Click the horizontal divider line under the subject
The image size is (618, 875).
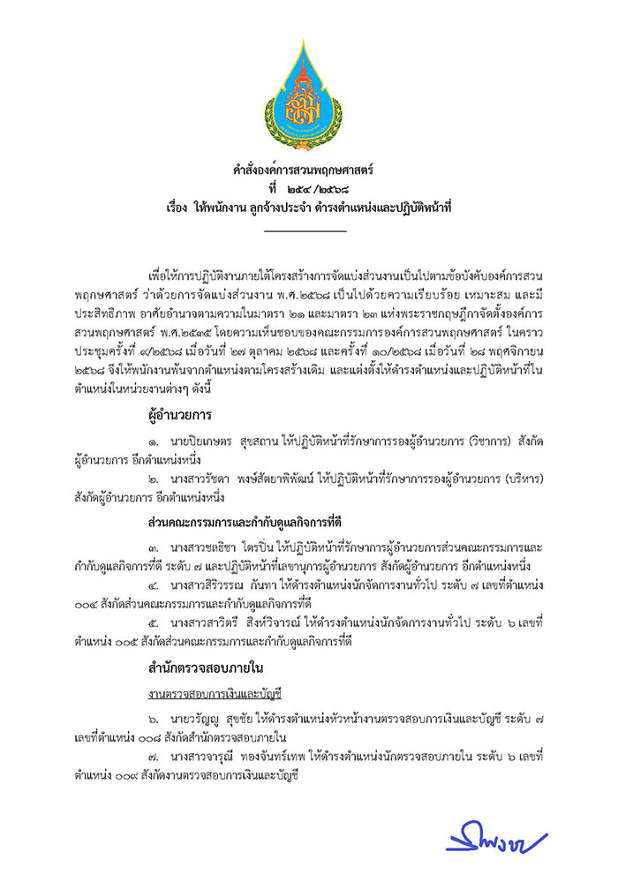pos(305,232)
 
